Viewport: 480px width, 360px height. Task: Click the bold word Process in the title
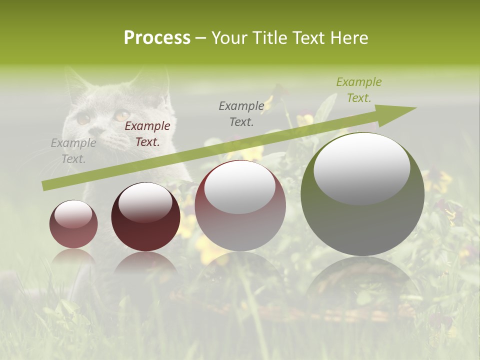157,38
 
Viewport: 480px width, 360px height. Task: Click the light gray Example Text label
73,151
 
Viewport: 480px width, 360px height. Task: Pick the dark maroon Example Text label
147,134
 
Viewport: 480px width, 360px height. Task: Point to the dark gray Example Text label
241,113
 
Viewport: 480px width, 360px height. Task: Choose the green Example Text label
358,90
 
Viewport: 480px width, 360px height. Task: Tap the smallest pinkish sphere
73,224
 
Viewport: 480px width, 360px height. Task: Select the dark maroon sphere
145,217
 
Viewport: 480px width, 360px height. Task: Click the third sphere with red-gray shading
240,206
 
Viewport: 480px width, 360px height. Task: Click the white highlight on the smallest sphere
73,214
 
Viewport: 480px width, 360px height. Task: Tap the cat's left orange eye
83,118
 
